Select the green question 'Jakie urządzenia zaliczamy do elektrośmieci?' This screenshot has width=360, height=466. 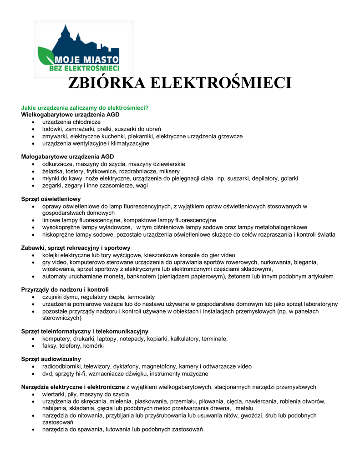85,108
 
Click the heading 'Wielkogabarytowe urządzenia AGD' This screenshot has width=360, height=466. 71,115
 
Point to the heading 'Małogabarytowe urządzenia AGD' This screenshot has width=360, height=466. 67,157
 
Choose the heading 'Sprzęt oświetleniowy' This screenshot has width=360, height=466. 51,199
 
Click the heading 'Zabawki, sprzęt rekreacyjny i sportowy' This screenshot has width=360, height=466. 76,248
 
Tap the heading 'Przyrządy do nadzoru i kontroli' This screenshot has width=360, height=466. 65,289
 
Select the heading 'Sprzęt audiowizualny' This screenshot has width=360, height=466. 51,359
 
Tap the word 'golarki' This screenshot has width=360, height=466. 289,178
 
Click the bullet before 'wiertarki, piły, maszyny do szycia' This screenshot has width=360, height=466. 34,395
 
